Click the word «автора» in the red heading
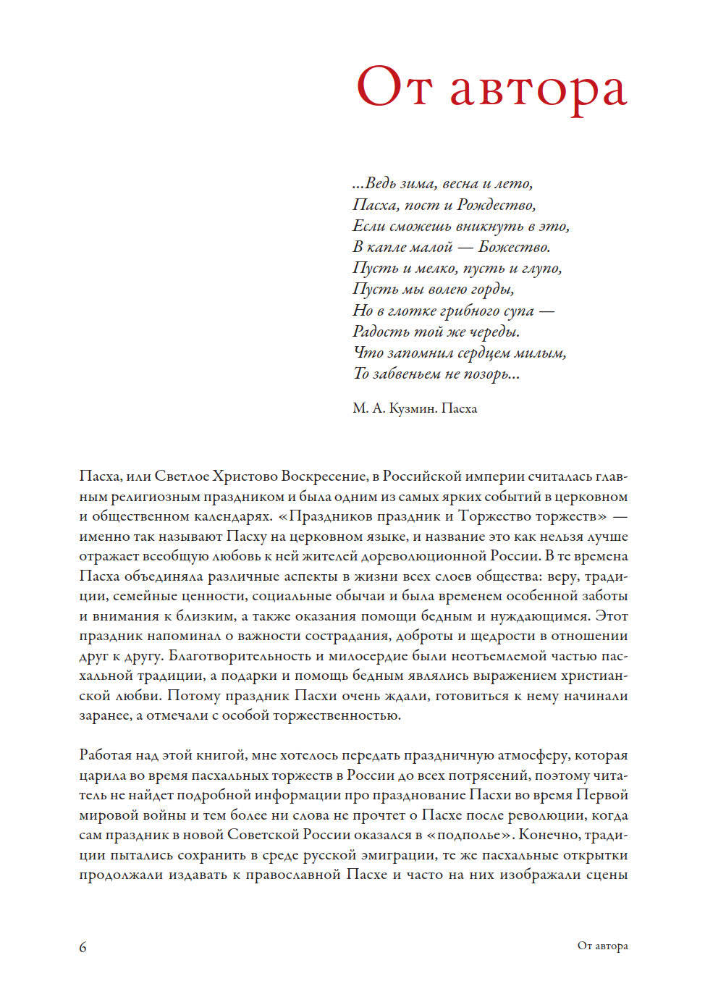[x=538, y=89]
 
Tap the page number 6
[x=83, y=947]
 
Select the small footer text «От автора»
[x=602, y=946]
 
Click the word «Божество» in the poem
[x=514, y=247]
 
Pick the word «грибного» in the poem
[x=471, y=311]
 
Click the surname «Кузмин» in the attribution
[x=413, y=408]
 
